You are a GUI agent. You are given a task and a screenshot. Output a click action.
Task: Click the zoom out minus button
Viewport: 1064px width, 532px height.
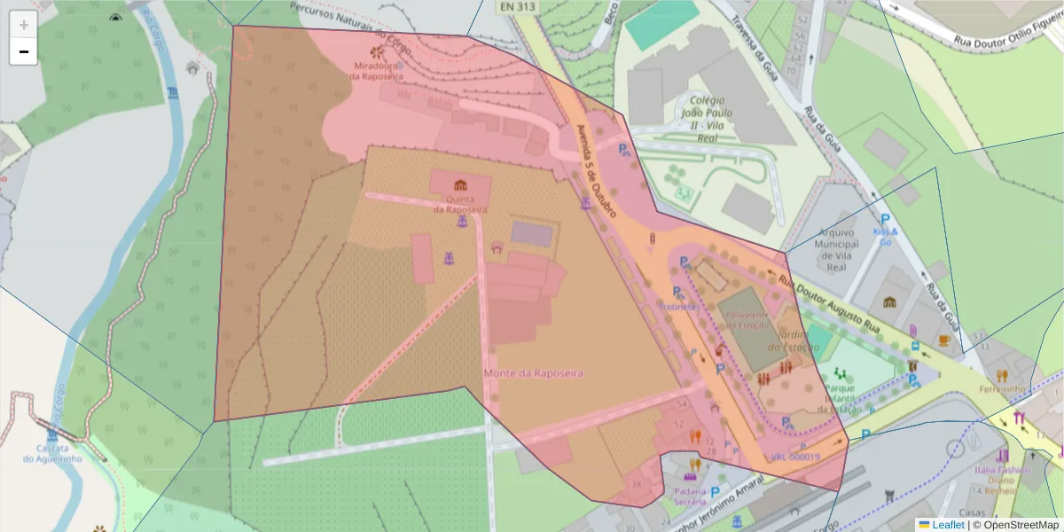(x=24, y=51)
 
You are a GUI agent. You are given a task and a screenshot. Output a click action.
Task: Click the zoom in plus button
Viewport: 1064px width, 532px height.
(x=24, y=25)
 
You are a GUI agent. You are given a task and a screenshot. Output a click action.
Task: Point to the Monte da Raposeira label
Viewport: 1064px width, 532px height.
(x=534, y=373)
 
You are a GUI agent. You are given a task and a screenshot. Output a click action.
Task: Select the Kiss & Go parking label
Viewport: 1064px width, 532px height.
(x=886, y=232)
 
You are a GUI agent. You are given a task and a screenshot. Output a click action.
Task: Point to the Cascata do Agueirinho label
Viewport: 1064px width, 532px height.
(x=53, y=453)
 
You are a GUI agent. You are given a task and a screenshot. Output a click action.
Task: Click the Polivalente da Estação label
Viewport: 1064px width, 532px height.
(x=747, y=320)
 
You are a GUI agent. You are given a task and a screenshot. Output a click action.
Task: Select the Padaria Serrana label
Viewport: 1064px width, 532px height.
(x=690, y=497)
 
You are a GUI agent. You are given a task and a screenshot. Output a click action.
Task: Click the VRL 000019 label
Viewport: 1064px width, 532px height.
(x=795, y=458)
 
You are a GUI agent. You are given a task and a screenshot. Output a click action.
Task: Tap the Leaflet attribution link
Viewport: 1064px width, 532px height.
(x=947, y=525)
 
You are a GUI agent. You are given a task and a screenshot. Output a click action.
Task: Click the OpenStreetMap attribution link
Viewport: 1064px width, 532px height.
(x=1015, y=525)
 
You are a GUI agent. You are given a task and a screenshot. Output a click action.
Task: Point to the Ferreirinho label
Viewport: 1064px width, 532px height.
(x=1003, y=389)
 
